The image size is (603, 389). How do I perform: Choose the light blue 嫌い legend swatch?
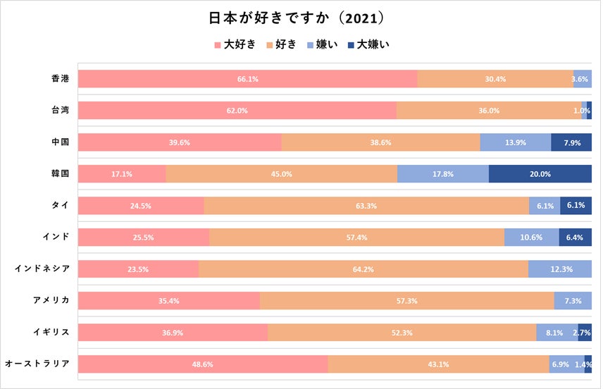tap(311, 44)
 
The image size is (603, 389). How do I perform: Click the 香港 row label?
tap(61, 78)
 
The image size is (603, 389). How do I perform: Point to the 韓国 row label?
tap(61, 173)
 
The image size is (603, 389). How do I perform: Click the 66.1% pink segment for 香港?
tap(247, 79)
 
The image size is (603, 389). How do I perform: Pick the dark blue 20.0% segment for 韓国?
tap(540, 174)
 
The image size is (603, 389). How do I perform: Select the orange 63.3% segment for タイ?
tap(366, 206)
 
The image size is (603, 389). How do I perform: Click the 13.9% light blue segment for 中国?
tap(515, 142)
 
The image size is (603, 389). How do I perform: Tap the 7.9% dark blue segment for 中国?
tap(571, 142)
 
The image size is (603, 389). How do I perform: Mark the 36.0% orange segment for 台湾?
tap(489, 111)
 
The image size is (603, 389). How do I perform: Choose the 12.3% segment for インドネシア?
tap(560, 269)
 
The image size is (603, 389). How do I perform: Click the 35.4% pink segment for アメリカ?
tap(169, 301)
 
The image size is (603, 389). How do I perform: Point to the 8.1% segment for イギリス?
tap(557, 333)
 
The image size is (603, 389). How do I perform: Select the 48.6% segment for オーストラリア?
tap(203, 364)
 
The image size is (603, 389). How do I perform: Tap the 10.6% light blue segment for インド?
tap(532, 237)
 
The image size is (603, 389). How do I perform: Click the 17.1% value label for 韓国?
tap(122, 174)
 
